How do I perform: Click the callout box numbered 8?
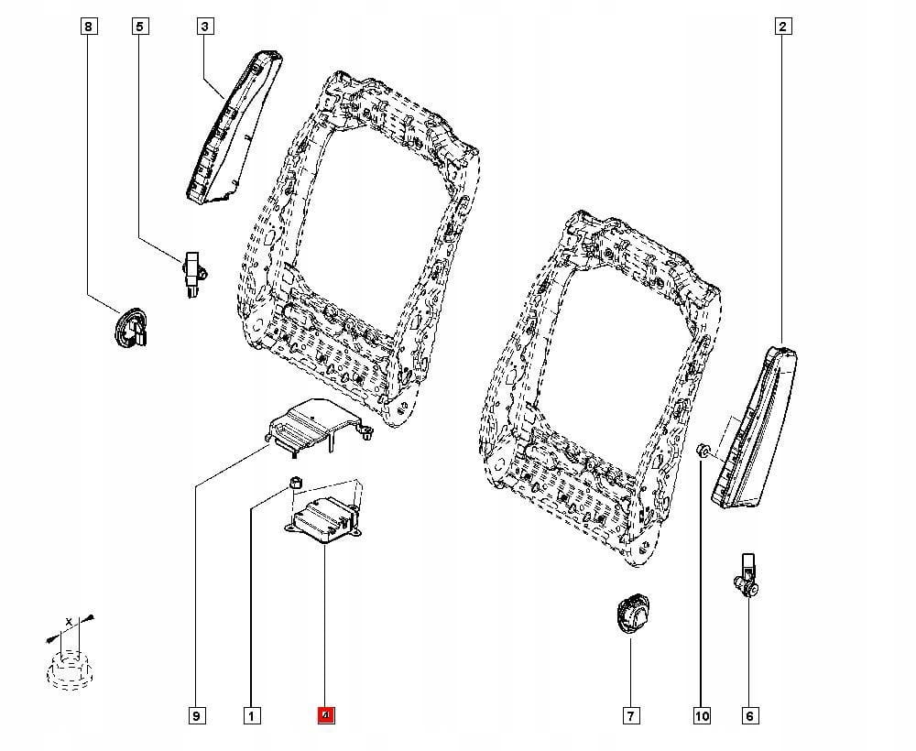(x=88, y=27)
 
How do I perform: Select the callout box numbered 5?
(x=140, y=27)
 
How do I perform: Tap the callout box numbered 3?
(x=204, y=27)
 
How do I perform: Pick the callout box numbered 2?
(x=782, y=27)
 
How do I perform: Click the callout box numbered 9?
(x=196, y=715)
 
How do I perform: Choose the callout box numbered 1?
(x=250, y=715)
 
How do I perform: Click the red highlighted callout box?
(x=325, y=715)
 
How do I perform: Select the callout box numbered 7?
(x=631, y=715)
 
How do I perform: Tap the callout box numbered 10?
(x=702, y=715)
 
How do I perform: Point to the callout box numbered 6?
(x=749, y=715)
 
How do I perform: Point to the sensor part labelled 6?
(x=747, y=575)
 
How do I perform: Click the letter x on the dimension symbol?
(x=67, y=622)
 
